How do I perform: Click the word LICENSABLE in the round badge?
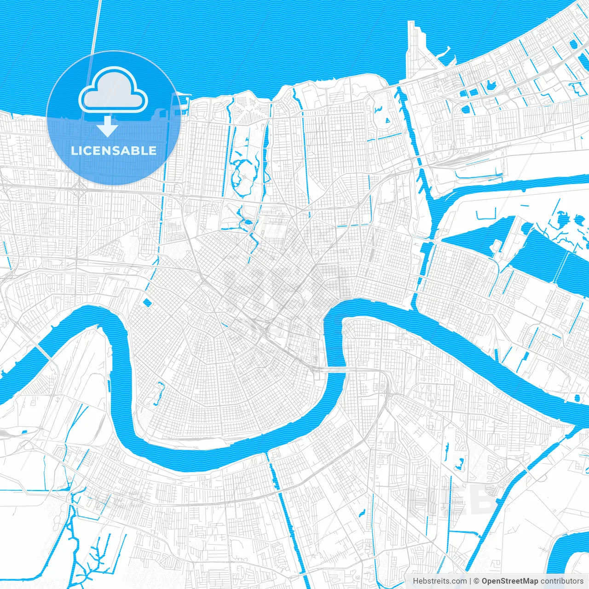pos(114,150)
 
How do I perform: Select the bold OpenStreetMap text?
pos(509,581)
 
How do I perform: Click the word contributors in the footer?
pos(562,581)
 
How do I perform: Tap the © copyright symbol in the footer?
pos(477,581)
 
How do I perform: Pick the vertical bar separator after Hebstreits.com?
pos(470,581)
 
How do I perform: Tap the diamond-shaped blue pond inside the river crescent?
pos(147,302)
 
